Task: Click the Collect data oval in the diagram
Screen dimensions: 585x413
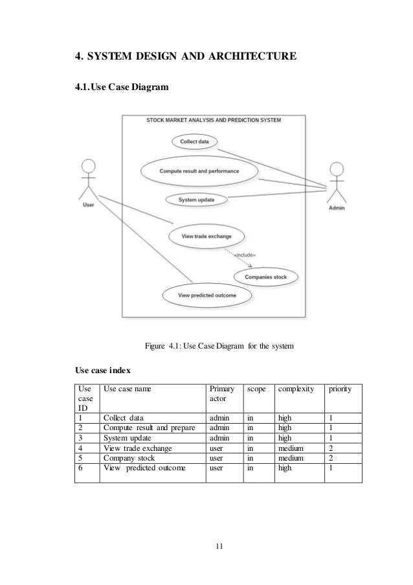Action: pos(194,142)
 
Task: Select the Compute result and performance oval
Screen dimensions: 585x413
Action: pos(199,171)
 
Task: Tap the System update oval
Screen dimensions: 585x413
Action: pos(197,200)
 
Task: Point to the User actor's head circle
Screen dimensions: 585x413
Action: pos(88,166)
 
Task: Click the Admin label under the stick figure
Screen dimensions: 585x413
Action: pos(337,209)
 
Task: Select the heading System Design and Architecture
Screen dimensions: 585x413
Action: pos(186,58)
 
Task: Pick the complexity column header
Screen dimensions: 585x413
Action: pos(296,389)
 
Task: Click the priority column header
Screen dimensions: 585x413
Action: pos(340,389)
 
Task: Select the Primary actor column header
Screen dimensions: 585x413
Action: pos(220,395)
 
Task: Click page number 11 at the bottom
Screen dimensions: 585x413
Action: pos(219,548)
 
